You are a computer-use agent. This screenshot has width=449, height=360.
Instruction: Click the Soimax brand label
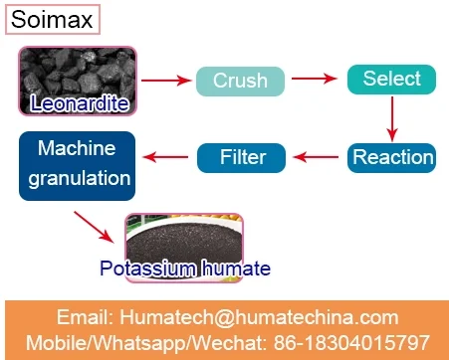pos(53,19)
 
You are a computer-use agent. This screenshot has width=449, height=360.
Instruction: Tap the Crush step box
pos(240,82)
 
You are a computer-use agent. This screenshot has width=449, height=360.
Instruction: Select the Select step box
pos(391,80)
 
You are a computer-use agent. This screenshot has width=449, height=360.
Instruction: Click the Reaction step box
pos(391,158)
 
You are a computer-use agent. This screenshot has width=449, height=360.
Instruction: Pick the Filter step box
pos(241,158)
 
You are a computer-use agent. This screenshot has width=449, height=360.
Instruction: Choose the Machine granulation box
pos(77,166)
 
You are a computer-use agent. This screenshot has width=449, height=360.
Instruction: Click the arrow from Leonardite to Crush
pos(166,81)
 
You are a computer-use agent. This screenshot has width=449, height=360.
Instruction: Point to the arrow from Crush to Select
pos(314,79)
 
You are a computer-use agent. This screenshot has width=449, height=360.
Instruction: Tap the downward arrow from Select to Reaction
pos(392,118)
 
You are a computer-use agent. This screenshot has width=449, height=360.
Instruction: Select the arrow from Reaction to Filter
pos(316,157)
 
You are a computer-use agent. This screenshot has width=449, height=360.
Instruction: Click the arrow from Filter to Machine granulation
pos(165,157)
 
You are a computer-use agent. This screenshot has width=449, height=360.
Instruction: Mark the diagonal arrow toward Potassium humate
pos(94,227)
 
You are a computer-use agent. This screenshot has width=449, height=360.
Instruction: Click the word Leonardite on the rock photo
pos(80,103)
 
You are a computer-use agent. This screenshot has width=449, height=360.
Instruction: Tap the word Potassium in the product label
pos(147,268)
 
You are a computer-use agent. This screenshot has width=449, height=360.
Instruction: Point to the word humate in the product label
pos(236,268)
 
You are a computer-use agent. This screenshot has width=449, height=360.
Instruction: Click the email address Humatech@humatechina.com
pos(259,317)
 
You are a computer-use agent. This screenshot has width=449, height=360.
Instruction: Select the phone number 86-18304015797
pos(351,342)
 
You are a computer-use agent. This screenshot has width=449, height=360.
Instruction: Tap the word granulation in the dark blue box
pos(80,179)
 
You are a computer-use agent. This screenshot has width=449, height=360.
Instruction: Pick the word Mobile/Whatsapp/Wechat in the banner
pos(146,343)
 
